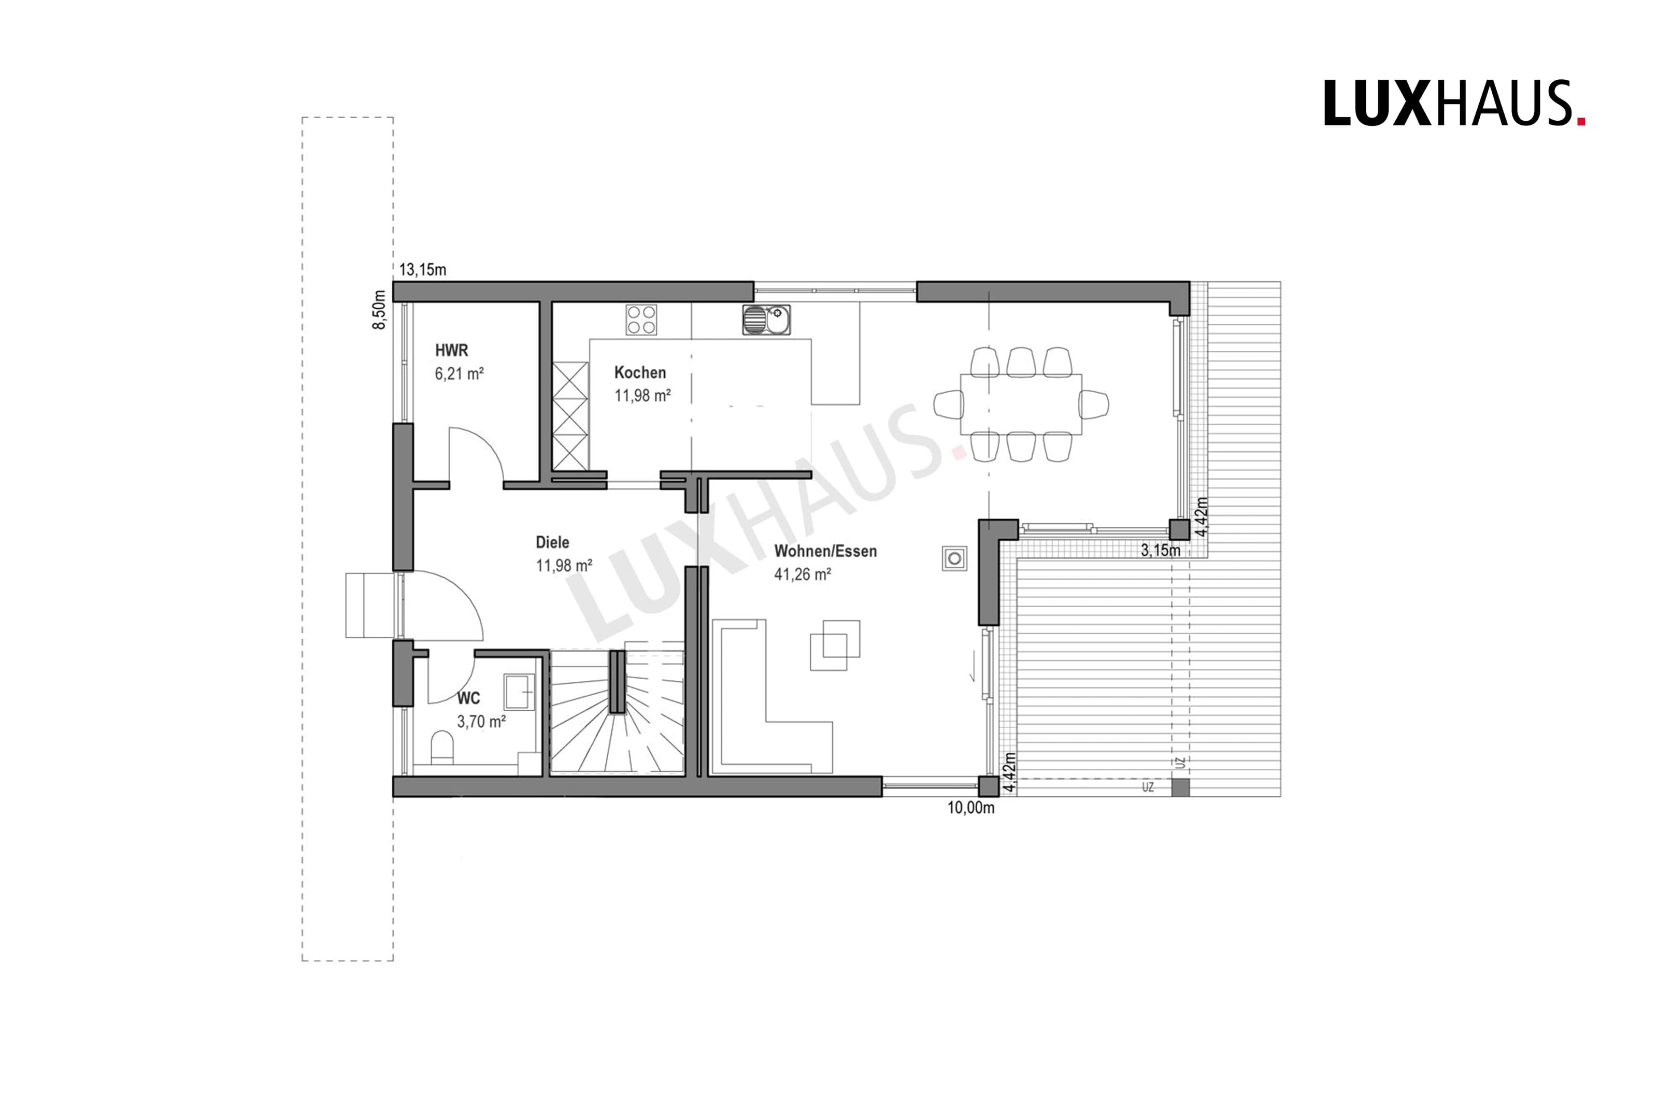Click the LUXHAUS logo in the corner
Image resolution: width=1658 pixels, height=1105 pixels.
click(x=1454, y=104)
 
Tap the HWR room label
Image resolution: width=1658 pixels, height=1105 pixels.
click(x=451, y=350)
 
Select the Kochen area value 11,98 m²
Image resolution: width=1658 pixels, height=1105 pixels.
click(x=642, y=395)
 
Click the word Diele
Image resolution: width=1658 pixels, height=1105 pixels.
click(x=552, y=542)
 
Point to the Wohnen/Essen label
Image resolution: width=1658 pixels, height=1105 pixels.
click(x=825, y=551)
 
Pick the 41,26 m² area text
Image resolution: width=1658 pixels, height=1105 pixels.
click(x=803, y=575)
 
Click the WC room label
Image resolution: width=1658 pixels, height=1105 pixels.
click(x=468, y=698)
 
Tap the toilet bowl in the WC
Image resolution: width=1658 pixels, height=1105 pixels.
click(x=442, y=747)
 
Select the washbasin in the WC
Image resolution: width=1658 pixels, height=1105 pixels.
click(x=519, y=691)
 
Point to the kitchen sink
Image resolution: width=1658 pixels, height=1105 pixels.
click(x=766, y=319)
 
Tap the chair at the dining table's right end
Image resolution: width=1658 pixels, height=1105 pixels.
click(x=1094, y=405)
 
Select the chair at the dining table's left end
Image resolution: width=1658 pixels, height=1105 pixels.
click(x=949, y=405)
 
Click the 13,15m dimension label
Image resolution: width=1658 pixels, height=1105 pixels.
click(x=423, y=270)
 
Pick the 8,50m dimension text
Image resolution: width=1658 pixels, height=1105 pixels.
click(x=380, y=310)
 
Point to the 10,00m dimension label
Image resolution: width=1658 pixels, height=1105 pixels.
click(x=971, y=808)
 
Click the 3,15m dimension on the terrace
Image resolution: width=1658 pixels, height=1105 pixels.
click(x=1161, y=550)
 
